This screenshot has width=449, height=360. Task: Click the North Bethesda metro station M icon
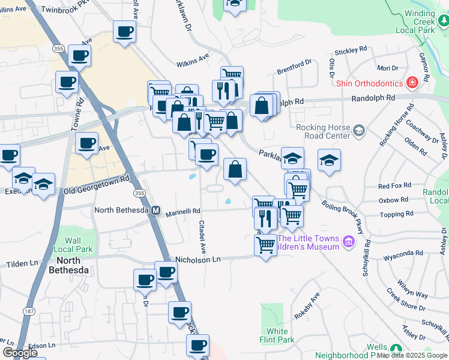(155, 211)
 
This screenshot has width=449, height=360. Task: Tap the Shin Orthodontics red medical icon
(412, 82)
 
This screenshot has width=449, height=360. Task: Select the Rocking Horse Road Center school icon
(359, 131)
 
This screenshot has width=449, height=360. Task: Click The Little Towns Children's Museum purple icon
(348, 242)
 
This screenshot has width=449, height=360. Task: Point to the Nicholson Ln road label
(198, 259)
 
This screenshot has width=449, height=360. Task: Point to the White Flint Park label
(277, 335)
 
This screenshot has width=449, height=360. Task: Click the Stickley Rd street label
(351, 50)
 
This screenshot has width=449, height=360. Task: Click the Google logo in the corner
(19, 352)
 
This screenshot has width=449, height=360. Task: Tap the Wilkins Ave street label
(192, 60)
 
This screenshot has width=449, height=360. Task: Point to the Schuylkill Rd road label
(366, 259)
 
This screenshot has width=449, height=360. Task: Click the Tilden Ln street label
(22, 264)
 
